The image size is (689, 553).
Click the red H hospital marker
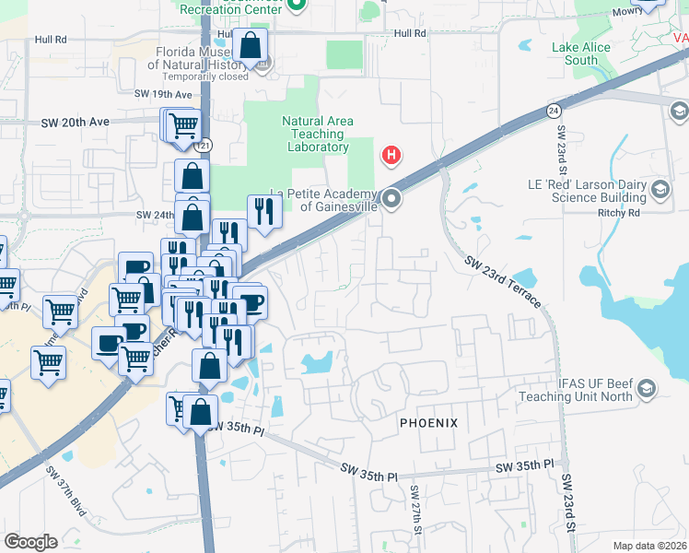click(x=391, y=155)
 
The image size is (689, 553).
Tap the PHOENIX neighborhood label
click(x=428, y=422)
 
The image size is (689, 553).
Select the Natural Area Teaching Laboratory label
click(x=317, y=134)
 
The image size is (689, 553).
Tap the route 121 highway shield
click(x=204, y=146)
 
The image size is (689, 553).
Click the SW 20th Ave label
click(x=76, y=122)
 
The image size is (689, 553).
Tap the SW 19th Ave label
click(x=162, y=94)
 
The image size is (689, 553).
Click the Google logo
click(x=30, y=542)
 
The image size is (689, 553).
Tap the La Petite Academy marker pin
click(x=392, y=198)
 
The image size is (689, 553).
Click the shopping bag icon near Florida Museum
click(x=251, y=46)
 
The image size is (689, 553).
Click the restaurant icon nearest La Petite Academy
click(x=264, y=212)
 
